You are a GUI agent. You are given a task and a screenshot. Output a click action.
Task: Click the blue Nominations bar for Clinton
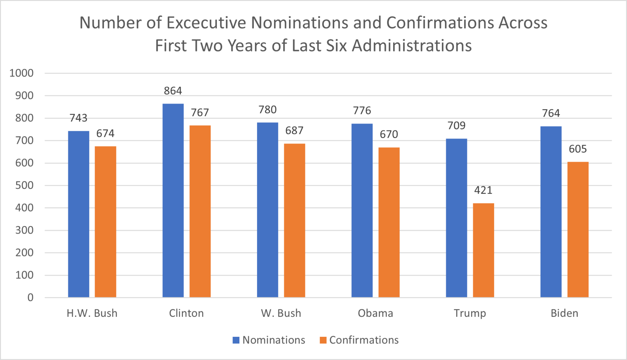pos(173,200)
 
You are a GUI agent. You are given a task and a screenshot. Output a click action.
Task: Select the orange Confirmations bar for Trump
pos(483,250)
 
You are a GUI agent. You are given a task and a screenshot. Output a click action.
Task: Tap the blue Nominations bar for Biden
pos(551,211)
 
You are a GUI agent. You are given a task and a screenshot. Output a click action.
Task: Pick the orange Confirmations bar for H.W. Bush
pos(105,221)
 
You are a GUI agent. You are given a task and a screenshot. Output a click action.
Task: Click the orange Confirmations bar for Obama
pos(389,222)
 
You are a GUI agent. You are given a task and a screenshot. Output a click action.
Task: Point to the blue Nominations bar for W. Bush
pos(267,210)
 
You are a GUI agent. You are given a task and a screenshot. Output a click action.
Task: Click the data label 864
pos(173,91)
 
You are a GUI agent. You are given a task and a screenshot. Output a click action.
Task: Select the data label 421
pos(483,190)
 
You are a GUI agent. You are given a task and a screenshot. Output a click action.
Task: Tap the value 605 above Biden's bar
pos(578,149)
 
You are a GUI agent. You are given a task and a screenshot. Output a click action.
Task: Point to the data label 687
pos(294,131)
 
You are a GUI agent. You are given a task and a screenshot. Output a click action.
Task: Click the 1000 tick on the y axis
pos(22,73)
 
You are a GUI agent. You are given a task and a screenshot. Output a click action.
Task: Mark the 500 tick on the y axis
pos(24,185)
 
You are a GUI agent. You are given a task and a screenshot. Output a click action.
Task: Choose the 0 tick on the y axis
pos(30,297)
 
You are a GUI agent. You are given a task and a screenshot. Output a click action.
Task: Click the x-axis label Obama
pos(376,313)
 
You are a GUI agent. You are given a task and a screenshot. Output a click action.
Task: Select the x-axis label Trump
pos(470,313)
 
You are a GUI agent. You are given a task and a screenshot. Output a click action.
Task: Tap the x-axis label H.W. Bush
pos(92,313)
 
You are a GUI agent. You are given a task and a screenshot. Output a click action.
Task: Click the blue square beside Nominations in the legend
pos(236,340)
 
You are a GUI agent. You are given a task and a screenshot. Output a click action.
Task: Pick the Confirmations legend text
pos(364,340)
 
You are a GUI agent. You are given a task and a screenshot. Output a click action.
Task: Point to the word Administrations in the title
pos(412,46)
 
